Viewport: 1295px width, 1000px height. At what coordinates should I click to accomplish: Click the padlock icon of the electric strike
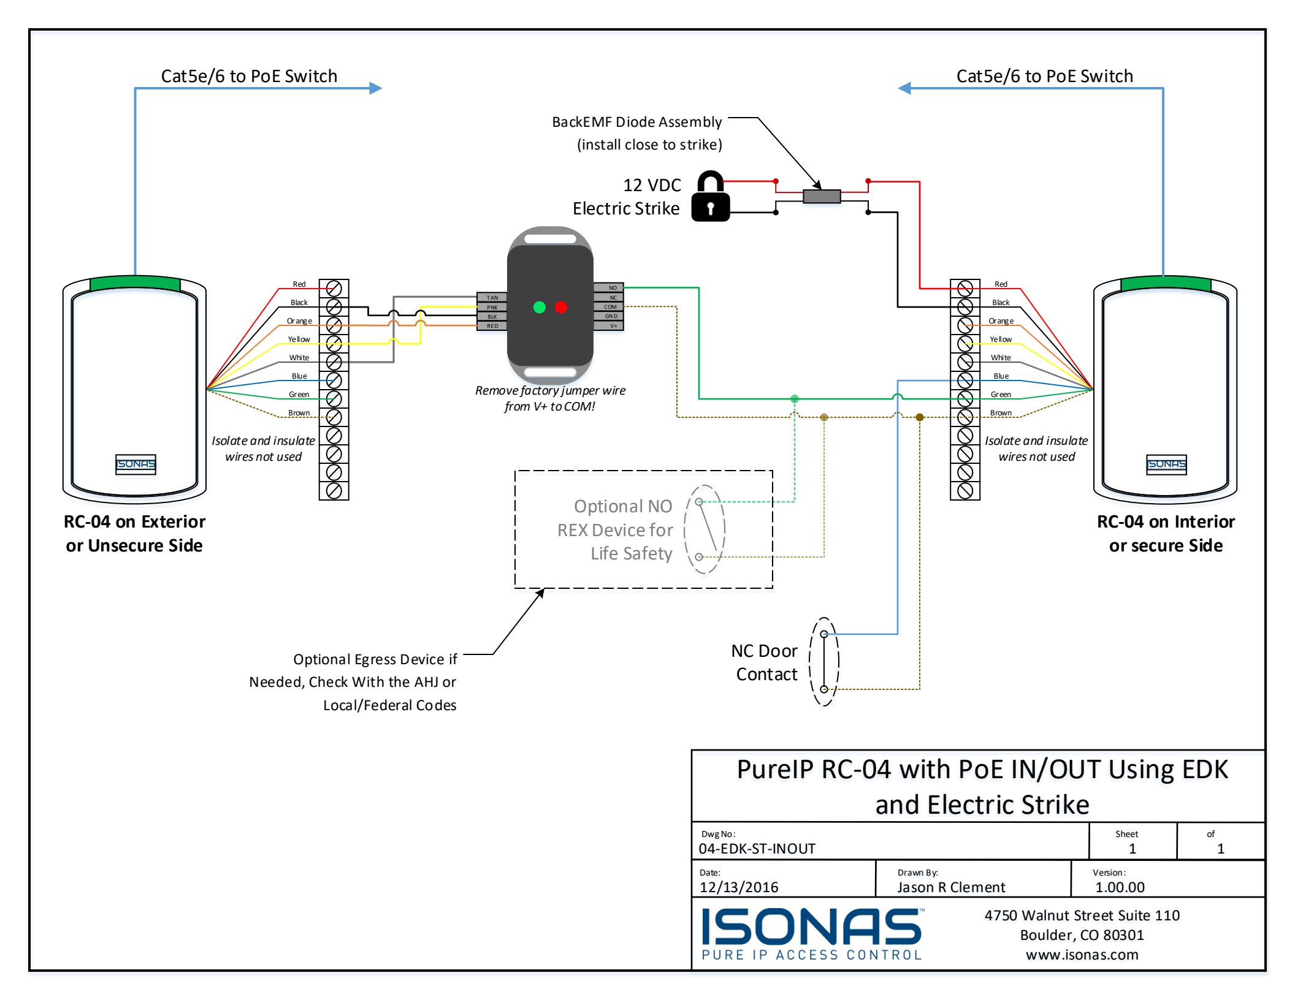[711, 196]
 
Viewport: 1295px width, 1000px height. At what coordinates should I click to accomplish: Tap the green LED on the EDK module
[540, 307]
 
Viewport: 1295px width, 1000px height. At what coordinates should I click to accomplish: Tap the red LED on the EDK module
[561, 307]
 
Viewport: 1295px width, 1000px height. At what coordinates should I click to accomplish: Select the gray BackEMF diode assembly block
[822, 196]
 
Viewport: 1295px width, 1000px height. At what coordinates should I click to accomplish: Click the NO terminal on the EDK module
[608, 287]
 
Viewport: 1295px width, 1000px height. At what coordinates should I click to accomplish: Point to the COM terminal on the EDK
[608, 306]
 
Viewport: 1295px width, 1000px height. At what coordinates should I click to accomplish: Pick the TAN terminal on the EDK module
[492, 297]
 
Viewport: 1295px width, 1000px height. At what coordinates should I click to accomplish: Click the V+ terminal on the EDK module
[608, 326]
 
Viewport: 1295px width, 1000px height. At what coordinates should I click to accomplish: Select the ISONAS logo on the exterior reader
[136, 464]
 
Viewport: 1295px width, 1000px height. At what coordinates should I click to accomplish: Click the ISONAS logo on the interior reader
[1167, 464]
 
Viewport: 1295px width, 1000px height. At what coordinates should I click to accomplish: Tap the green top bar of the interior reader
[1166, 284]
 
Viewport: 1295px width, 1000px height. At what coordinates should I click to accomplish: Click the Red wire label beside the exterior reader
[299, 284]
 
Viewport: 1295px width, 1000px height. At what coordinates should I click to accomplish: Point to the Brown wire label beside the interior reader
[1001, 412]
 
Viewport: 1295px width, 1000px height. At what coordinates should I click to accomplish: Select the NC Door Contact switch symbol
[824, 662]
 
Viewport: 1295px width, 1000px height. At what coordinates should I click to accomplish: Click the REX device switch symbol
[705, 529]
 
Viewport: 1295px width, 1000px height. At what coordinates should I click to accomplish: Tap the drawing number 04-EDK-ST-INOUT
[757, 849]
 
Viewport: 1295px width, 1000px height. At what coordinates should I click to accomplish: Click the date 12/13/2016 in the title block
[739, 887]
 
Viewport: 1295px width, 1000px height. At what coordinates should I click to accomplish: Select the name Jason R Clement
[951, 887]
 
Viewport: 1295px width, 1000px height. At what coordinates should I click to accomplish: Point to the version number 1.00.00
[1120, 887]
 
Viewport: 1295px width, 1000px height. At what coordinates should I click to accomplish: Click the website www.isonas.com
[1082, 954]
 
